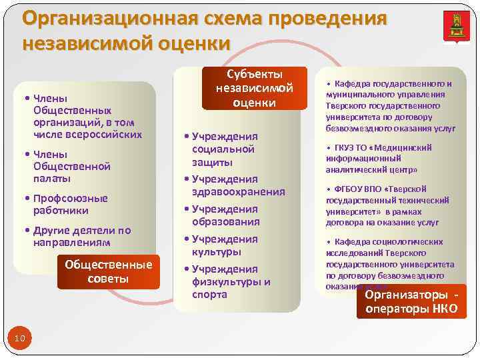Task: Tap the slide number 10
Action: coord(19,339)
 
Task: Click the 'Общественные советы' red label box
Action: coord(108,271)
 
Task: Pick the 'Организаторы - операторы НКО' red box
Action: coord(411,301)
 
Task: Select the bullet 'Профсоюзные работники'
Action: coord(70,204)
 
